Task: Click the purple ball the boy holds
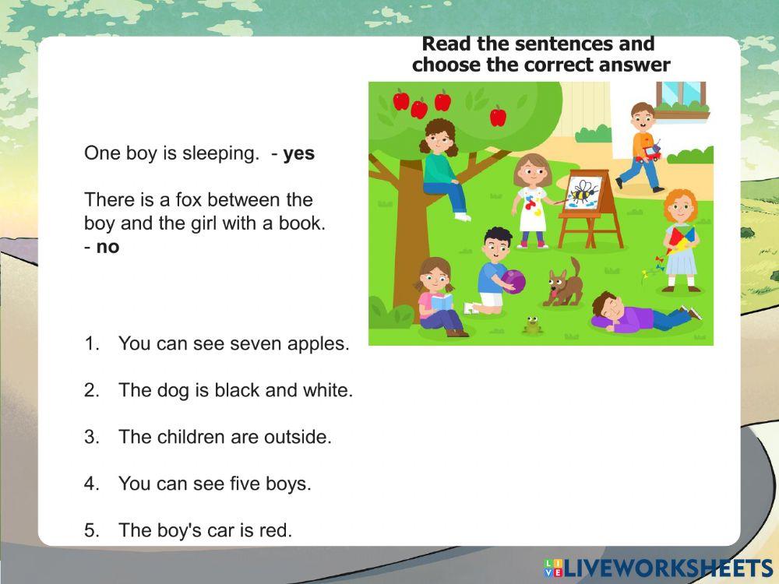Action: pos(513,282)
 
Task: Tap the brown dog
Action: pos(563,283)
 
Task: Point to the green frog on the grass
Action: pos(532,325)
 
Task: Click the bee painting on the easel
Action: pos(583,193)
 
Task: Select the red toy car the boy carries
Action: pos(649,152)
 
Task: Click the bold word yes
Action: pos(298,153)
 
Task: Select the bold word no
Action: pos(108,247)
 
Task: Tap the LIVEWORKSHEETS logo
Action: pos(658,568)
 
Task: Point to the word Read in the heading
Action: pos(446,44)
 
